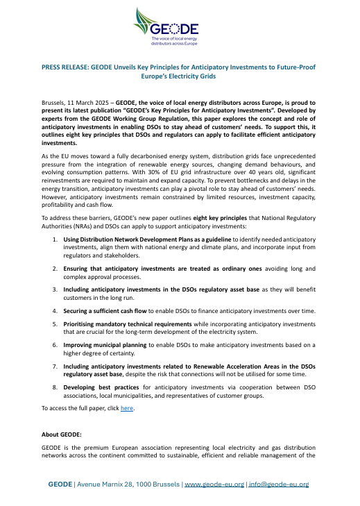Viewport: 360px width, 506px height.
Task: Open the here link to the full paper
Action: point(126,408)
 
